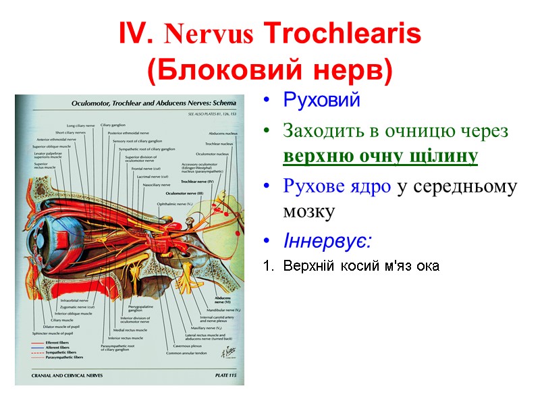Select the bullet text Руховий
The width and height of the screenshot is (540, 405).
click(321, 101)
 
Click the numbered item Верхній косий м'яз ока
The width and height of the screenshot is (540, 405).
click(361, 266)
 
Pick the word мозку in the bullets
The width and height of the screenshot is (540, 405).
click(308, 211)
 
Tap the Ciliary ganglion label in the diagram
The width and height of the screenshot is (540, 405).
click(114, 126)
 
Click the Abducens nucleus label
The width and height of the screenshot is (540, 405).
click(221, 134)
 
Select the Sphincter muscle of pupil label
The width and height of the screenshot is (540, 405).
click(52, 333)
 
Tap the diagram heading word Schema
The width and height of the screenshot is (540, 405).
click(224, 103)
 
